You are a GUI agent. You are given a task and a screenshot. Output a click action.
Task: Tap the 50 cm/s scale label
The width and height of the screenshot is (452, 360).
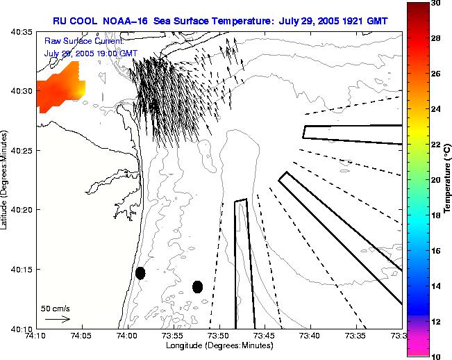coord(56,308)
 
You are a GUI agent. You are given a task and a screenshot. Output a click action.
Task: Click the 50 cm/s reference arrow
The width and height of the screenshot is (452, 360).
coord(57,320)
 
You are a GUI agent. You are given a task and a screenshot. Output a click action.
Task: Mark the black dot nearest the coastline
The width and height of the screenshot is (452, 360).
coord(140,273)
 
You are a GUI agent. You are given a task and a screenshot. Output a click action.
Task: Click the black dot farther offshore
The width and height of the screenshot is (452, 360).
coord(197,286)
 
